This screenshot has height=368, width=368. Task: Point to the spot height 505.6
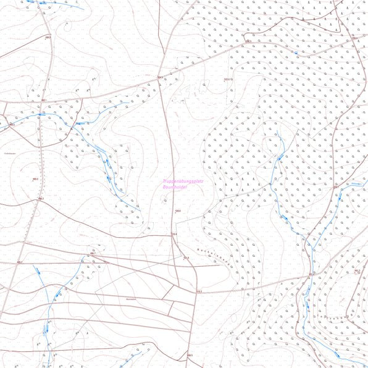click(177, 212)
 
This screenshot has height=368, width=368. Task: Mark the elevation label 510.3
click(198, 291)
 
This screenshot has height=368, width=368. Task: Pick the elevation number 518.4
click(175, 233)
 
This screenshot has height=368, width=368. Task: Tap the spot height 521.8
click(186, 257)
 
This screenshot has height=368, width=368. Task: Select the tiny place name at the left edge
click(9, 152)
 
